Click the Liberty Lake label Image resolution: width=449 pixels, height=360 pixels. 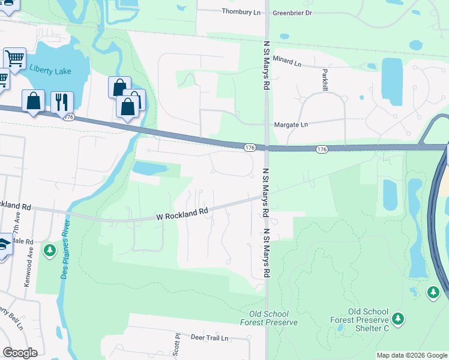pyautogui.click(x=50, y=71)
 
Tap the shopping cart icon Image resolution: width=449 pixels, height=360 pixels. pyautogui.click(x=14, y=59)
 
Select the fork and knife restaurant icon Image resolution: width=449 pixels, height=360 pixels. pyautogui.click(x=62, y=102)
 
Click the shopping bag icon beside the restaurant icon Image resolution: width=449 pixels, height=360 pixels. pyautogui.click(x=33, y=101)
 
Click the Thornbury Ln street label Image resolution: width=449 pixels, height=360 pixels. pyautogui.click(x=241, y=11)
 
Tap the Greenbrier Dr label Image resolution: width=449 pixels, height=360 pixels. pyautogui.click(x=292, y=12)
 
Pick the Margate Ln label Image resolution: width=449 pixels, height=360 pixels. pyautogui.click(x=291, y=124)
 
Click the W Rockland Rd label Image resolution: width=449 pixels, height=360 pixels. pyautogui.click(x=182, y=212)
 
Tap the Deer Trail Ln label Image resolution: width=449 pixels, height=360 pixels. pyautogui.click(x=210, y=338)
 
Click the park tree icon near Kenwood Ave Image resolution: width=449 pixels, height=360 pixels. pyautogui.click(x=50, y=250)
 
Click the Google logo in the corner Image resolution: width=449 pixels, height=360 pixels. pyautogui.click(x=20, y=353)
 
